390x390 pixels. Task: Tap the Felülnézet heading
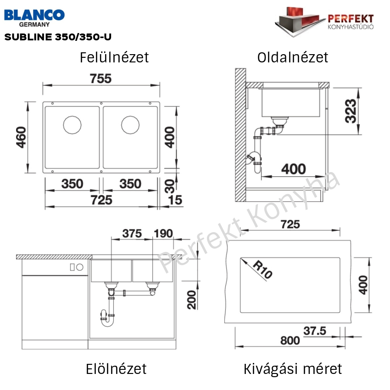click(x=114, y=57)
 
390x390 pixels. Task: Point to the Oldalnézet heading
click(x=293, y=57)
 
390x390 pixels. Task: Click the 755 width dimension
click(x=100, y=78)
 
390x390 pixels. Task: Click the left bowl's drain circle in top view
click(x=71, y=124)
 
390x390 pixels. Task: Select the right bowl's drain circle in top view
click(x=130, y=124)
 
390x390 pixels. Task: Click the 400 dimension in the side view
click(x=293, y=169)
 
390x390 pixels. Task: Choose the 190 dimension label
click(x=164, y=234)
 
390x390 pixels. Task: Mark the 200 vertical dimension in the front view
click(x=192, y=300)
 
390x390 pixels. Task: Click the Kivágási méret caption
click(x=293, y=368)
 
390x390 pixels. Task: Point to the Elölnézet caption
click(x=116, y=368)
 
